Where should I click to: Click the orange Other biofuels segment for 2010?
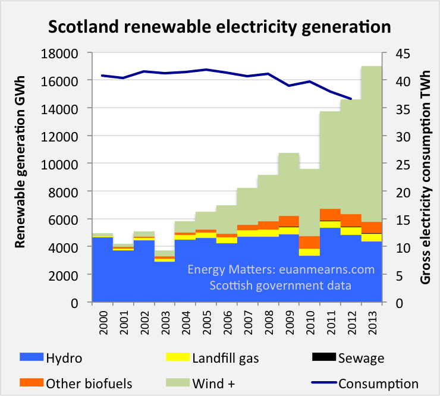click(310, 242)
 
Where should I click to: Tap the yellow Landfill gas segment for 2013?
click(372, 237)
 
